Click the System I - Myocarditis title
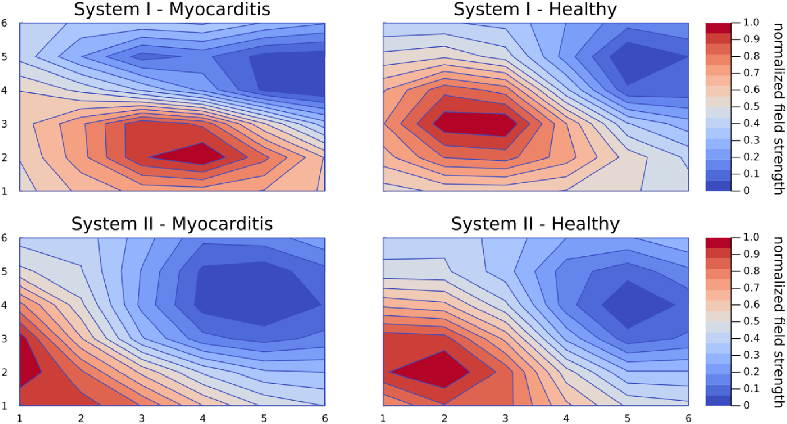[172, 9]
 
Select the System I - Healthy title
[535, 9]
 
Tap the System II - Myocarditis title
[172, 224]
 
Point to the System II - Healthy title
[535, 224]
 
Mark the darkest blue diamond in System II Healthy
[634, 305]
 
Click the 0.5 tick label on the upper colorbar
[751, 107]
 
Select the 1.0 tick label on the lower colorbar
[751, 237]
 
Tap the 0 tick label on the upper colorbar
[747, 191]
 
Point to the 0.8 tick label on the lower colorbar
[751, 271]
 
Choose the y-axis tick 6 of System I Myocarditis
[4, 23]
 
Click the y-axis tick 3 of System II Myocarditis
[4, 338]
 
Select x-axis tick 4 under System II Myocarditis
[203, 419]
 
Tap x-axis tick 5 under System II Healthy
[627, 419]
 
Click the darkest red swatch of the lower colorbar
[718, 243]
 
